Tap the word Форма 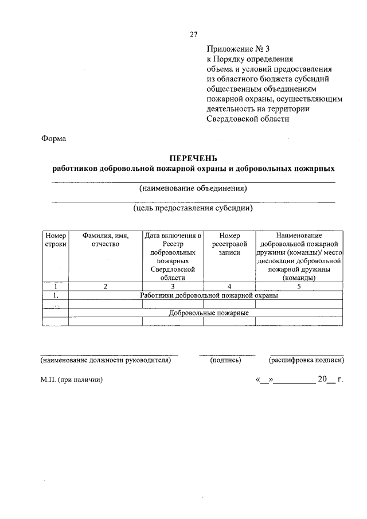54,138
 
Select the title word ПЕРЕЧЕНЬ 193,158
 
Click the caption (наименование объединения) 193,188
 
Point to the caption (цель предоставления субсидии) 193,209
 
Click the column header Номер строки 56,240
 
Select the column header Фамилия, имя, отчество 105,240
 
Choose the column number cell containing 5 299,286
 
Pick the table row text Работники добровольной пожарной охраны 209,295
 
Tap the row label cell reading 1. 56,295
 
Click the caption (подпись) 226,360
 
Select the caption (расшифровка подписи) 306,360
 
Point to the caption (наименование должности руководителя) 106,360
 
